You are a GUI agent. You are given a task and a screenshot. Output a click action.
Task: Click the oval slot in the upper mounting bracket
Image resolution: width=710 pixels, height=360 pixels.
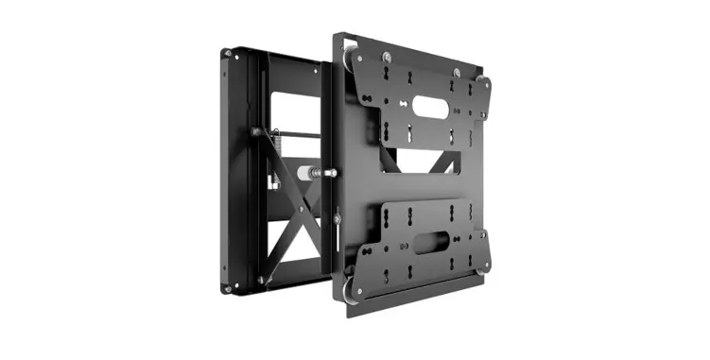(431, 108)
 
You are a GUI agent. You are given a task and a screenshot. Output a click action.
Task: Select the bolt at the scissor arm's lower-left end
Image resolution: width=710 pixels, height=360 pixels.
(261, 280)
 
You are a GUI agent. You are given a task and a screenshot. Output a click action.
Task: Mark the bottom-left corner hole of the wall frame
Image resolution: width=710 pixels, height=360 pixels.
(227, 286)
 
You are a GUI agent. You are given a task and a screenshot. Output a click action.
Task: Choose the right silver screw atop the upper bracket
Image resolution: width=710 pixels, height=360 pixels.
(457, 72)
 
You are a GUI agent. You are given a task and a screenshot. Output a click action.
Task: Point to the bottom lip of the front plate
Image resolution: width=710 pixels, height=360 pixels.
(416, 303)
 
